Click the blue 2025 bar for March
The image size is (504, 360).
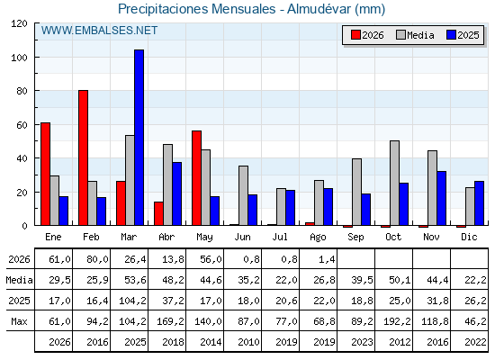coord(139,138)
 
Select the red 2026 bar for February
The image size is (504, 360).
coord(83,157)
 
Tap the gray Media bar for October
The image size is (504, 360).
coord(395,183)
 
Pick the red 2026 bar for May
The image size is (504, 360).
coord(197,178)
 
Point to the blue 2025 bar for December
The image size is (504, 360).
coord(479,203)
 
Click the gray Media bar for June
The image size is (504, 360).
coord(244,196)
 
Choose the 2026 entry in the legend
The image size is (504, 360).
coord(367,35)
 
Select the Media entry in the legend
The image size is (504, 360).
coord(415,35)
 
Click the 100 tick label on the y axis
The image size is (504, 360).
coord(19,58)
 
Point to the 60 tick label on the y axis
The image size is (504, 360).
coord(22,125)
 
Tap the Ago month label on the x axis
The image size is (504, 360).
coord(318,238)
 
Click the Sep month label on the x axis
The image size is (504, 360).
coord(355,238)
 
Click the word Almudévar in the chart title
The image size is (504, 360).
coord(319,9)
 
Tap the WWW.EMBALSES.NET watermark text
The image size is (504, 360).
coord(99,31)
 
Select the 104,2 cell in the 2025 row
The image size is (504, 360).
coord(132,301)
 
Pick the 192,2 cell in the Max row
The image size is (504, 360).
coord(397,321)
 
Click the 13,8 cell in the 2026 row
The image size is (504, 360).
coord(173,259)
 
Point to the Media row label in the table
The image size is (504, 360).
coord(19,280)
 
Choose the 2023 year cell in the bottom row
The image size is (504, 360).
coord(362,342)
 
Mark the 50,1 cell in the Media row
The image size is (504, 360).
coord(400,280)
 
